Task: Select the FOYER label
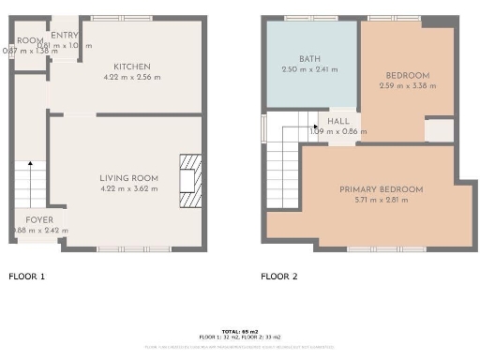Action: pyautogui.click(x=39, y=219)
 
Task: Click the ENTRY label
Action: pyautogui.click(x=65, y=36)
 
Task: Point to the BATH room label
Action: pyautogui.click(x=310, y=58)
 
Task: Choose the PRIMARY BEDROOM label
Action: pyautogui.click(x=381, y=189)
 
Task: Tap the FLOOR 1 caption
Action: pyautogui.click(x=26, y=277)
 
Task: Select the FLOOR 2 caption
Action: pyautogui.click(x=278, y=277)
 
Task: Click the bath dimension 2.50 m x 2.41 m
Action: pyautogui.click(x=310, y=69)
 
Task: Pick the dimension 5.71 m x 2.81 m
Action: pyautogui.click(x=381, y=200)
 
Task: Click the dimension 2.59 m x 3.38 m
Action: pyautogui.click(x=408, y=87)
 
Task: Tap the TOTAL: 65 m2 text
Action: pyautogui.click(x=239, y=331)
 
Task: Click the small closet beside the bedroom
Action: pyautogui.click(x=439, y=130)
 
